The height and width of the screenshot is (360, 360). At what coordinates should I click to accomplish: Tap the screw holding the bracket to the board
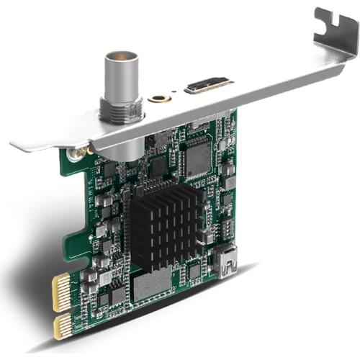click(x=73, y=153)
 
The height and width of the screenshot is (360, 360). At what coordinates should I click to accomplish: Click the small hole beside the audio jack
click(x=175, y=99)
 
